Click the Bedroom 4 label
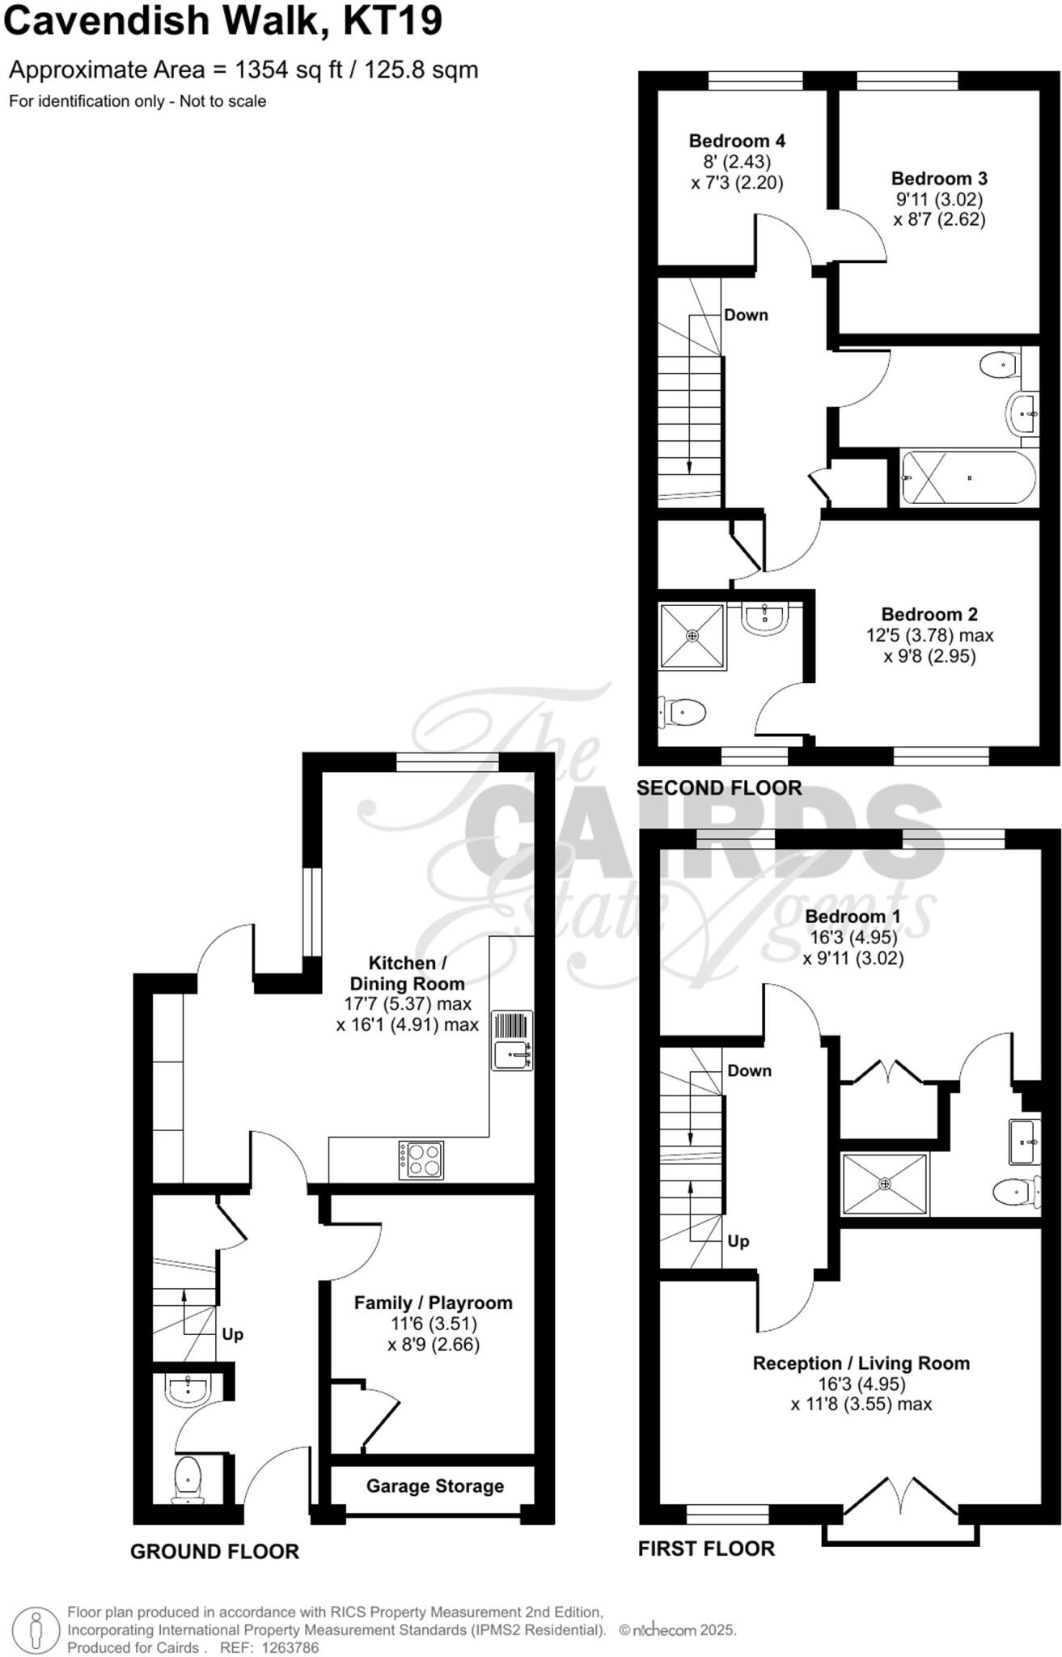[737, 141]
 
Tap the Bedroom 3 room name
[939, 179]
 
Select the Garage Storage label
[434, 1486]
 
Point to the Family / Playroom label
[433, 1303]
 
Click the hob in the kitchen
[421, 1159]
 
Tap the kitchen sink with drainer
[512, 1041]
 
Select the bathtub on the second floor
[968, 477]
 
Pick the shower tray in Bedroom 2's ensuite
[692, 636]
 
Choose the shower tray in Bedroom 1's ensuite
[885, 1184]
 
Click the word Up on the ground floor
[232, 1334]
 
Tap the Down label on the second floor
[746, 315]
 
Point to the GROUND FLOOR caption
[214, 1551]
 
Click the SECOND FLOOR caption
[719, 787]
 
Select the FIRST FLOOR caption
[706, 1549]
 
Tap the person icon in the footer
[35, 1629]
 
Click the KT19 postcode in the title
[392, 22]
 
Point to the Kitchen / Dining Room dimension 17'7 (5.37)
[396, 1004]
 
